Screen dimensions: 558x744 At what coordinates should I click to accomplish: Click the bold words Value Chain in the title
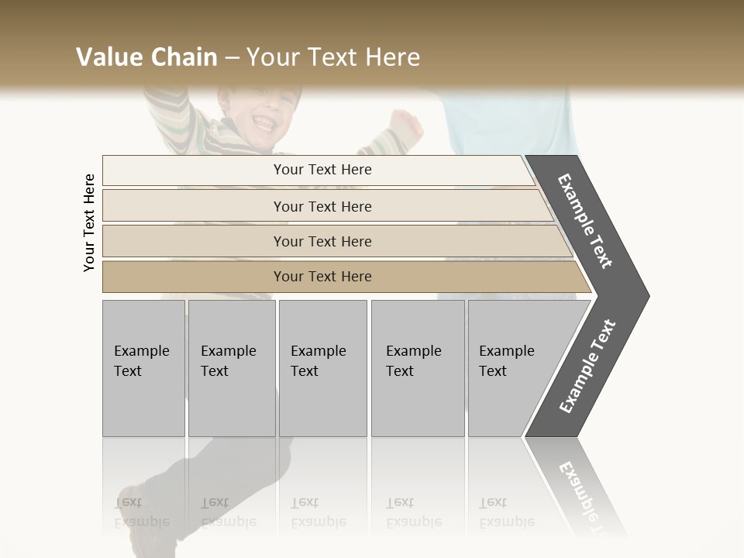[x=146, y=57]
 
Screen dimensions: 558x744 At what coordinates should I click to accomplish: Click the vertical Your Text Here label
[x=89, y=222]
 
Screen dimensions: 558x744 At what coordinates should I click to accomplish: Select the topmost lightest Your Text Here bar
[x=322, y=170]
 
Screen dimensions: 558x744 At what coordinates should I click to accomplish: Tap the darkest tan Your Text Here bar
[x=322, y=277]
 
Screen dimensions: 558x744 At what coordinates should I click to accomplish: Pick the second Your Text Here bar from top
[x=322, y=206]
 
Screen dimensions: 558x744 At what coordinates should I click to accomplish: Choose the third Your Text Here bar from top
[x=322, y=241]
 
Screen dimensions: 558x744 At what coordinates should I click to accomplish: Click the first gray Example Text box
[x=143, y=368]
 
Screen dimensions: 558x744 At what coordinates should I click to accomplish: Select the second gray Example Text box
[x=232, y=368]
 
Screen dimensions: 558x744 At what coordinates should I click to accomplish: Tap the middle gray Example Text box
[x=322, y=368]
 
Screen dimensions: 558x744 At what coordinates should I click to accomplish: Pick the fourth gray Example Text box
[x=418, y=368]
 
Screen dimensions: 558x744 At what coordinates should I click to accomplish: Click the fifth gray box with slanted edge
[x=511, y=368]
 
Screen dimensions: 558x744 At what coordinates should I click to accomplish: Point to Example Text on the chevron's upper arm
[x=586, y=221]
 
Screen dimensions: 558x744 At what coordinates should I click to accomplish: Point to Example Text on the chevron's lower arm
[x=587, y=367]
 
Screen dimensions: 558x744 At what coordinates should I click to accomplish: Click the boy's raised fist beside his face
[x=405, y=124]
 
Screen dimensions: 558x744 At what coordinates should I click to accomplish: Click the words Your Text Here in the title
[x=333, y=57]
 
